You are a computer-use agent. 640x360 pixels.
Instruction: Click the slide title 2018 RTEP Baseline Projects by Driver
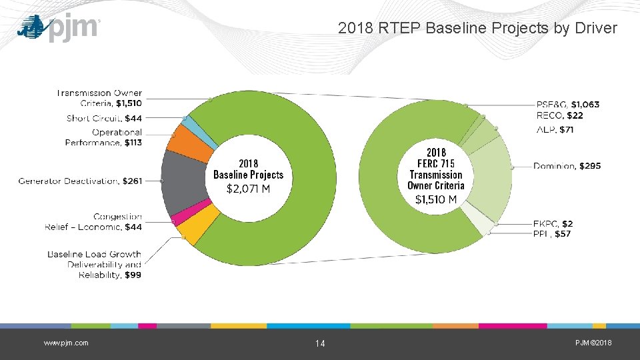click(477, 28)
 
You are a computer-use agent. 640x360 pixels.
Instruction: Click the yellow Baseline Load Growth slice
click(199, 225)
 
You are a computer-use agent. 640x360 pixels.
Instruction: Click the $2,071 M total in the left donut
click(248, 189)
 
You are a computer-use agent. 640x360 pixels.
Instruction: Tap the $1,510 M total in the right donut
click(436, 199)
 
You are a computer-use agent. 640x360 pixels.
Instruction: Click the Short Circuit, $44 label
click(104, 119)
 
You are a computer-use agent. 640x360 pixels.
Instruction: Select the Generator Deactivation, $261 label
click(80, 181)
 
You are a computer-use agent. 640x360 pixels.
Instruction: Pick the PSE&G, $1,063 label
click(568, 105)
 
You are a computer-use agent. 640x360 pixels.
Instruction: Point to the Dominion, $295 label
click(567, 166)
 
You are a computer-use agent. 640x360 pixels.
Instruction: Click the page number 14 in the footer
click(320, 343)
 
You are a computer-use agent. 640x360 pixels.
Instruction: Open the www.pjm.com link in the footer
click(66, 343)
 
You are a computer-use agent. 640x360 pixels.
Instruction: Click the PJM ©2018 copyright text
click(593, 343)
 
